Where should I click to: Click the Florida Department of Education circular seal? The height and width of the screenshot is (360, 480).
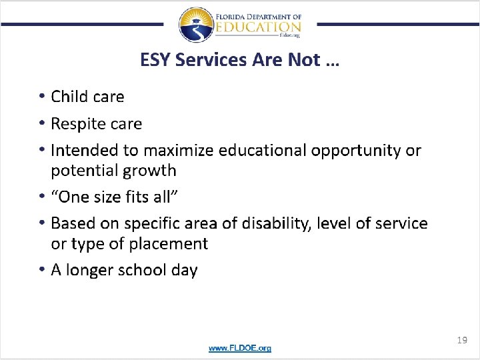196,25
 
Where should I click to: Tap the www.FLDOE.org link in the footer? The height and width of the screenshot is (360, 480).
240,348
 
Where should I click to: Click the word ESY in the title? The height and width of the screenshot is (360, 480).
154,60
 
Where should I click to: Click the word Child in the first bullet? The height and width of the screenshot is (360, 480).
70,97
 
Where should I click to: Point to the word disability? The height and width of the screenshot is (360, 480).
275,223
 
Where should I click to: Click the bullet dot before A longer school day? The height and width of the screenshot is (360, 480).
41,269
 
